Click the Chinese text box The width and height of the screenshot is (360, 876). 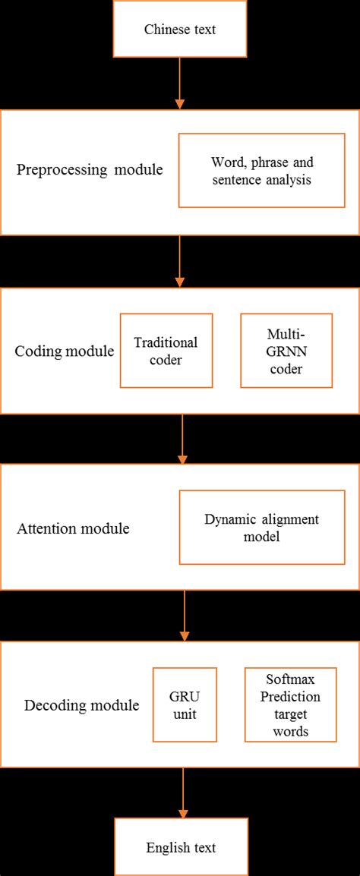click(x=180, y=30)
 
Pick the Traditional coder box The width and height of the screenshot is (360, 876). click(x=166, y=351)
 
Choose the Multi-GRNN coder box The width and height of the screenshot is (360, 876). click(x=286, y=351)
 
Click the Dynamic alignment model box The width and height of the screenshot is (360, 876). click(x=261, y=528)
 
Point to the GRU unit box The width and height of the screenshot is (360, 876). click(x=185, y=704)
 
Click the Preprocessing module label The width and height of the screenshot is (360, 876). click(x=90, y=169)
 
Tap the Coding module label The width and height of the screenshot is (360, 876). click(x=65, y=351)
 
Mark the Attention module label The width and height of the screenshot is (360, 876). click(x=73, y=528)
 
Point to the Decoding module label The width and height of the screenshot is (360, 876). click(x=81, y=705)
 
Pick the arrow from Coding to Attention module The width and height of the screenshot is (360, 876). click(x=182, y=438)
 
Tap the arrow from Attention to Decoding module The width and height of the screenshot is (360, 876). click(x=183, y=615)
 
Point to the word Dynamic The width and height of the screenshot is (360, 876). click(x=230, y=519)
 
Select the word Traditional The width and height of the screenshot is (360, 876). click(x=166, y=342)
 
